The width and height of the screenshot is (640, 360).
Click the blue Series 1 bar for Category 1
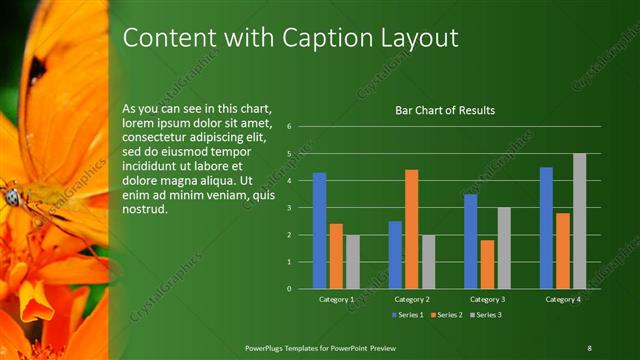point(319,231)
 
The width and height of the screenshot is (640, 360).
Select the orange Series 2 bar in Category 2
point(411,229)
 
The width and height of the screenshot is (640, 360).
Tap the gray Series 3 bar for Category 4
point(579,221)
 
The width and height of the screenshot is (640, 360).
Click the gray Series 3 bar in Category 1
point(353,262)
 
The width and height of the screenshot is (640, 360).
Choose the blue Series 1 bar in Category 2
point(395,255)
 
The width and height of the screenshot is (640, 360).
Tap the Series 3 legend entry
point(485,315)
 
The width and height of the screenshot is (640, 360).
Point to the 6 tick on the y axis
point(288,127)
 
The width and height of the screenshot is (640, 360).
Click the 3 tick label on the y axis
point(288,208)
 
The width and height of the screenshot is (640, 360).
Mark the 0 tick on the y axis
point(288,289)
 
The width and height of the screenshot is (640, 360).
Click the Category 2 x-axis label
point(411,299)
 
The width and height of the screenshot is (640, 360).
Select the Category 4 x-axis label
point(562,299)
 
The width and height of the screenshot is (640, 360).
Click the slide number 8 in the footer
point(589,347)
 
